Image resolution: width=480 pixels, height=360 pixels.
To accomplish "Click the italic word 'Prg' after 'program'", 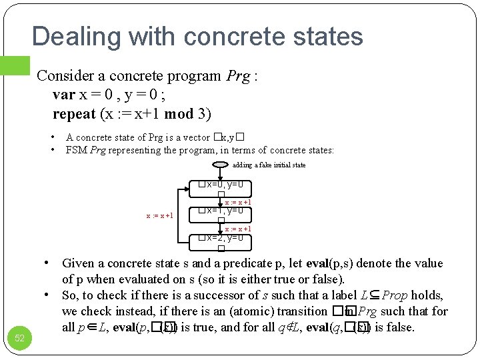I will (237, 76).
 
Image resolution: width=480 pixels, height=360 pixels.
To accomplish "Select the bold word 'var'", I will (64, 95).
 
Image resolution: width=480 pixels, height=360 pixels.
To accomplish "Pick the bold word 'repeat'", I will (75, 113).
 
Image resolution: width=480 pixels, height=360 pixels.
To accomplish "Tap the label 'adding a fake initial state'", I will (269, 165).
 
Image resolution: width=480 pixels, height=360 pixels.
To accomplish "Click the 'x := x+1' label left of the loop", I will (159, 215).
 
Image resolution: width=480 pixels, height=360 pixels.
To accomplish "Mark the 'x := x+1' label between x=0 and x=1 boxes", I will (237, 202).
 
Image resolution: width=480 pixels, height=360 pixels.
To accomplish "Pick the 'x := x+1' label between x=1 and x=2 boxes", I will (237, 229).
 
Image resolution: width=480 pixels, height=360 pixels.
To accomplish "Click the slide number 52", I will (20, 338).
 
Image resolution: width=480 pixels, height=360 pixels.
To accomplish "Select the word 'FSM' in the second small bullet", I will (77, 150).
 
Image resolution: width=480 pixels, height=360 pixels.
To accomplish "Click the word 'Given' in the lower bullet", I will (78, 263).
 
